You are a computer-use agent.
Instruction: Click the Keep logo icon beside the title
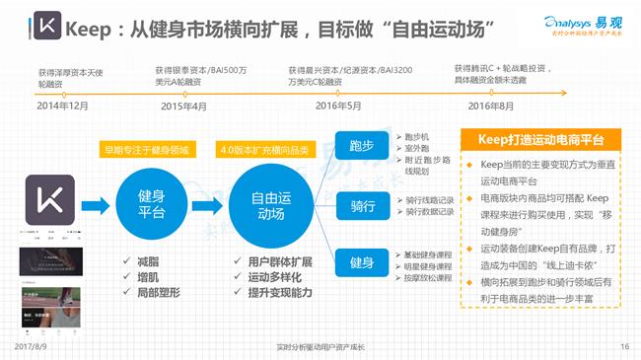tap(41, 25)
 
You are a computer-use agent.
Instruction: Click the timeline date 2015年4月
tap(183, 106)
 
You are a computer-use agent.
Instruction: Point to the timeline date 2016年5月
tap(337, 106)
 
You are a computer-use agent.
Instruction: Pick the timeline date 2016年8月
tap(491, 106)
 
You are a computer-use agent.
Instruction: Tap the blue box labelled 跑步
tap(361, 145)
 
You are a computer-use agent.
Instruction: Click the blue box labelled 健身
tap(361, 263)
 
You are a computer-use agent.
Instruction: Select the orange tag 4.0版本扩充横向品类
tap(264, 150)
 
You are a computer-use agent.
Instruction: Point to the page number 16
tap(624, 348)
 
